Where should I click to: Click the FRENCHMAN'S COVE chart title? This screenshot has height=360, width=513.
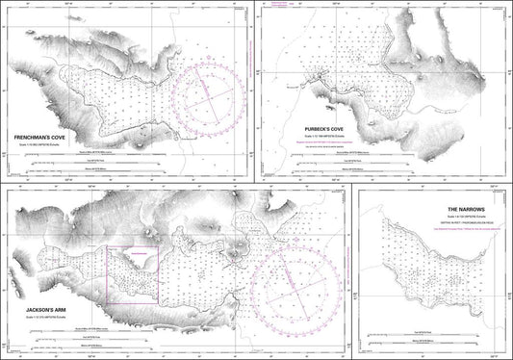click(x=39, y=139)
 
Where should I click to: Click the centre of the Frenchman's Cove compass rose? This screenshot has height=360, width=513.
click(x=208, y=99)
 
